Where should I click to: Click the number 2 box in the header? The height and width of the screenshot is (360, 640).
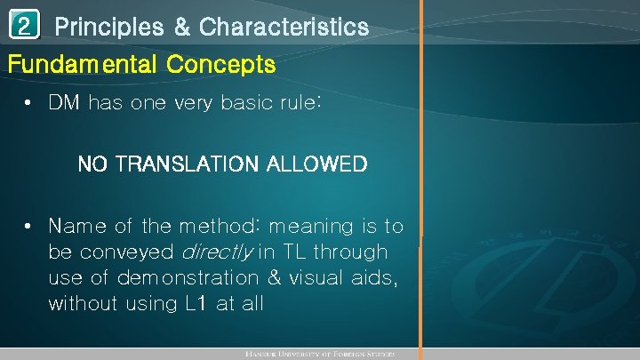25,26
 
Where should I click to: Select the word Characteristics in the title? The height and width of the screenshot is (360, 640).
284,28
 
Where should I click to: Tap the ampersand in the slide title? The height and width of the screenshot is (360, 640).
181,28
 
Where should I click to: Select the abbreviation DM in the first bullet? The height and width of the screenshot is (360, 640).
64,103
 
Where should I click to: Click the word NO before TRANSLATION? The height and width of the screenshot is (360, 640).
91,164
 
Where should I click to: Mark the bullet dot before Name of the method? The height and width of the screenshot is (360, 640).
30,227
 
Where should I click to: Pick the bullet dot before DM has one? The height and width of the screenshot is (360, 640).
30,103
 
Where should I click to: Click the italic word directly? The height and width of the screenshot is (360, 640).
219,252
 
